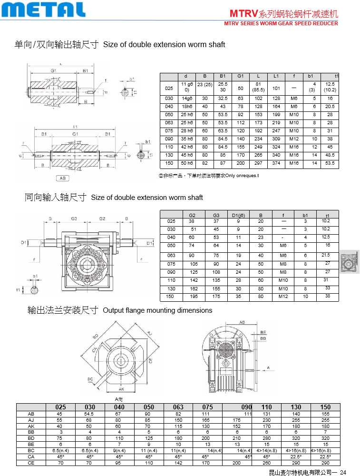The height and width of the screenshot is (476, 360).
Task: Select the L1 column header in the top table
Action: coord(276,76)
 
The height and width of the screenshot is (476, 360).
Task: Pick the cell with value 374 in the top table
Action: coord(276,163)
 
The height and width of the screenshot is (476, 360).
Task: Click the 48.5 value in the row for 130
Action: coord(330,155)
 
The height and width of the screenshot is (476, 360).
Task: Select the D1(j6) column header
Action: coord(238,215)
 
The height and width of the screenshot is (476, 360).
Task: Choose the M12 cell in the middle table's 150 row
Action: coord(283,297)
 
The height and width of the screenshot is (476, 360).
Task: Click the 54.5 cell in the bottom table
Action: coord(90,414)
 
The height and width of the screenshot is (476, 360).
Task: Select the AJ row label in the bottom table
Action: coord(31,420)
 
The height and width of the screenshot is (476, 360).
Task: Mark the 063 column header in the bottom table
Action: coord(178,407)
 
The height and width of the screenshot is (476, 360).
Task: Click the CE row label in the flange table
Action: coord(31,462)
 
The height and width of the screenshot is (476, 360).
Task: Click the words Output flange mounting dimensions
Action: coord(157,310)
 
